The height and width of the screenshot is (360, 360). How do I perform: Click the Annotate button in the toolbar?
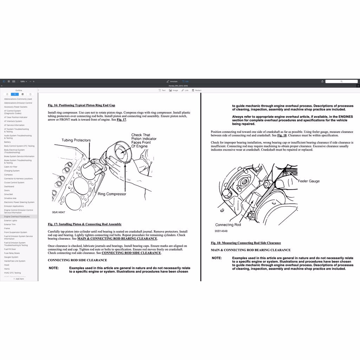coord(172,81)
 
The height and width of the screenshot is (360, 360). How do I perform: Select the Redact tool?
coord(197,90)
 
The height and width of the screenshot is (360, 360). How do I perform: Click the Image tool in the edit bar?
coord(173,90)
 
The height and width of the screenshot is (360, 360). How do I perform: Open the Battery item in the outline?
coord(7,142)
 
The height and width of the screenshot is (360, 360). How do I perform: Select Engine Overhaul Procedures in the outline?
coord(17,217)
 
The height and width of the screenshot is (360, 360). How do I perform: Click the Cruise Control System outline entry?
coord(14,182)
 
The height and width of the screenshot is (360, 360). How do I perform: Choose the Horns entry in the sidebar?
coord(7,269)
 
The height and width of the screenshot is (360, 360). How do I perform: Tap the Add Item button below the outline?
coord(19,279)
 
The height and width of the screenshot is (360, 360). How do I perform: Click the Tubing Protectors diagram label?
coord(76,140)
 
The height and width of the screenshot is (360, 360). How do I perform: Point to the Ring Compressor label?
coord(112,194)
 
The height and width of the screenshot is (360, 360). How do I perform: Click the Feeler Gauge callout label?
coord(309,181)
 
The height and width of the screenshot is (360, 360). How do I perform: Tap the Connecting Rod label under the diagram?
coord(228,225)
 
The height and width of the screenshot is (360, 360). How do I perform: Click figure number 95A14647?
coord(59,212)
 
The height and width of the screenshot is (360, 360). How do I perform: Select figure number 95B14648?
coord(221,231)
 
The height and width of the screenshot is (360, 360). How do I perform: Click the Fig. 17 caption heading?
coord(85,224)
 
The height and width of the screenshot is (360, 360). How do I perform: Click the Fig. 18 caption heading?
coord(246,243)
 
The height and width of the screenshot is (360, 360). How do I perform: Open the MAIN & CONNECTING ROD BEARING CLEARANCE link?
coord(117,239)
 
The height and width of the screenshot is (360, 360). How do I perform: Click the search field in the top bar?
coord(341,81)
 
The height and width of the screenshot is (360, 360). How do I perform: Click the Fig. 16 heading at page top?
coord(82,105)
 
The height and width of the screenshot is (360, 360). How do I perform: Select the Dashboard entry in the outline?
coord(9,186)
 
